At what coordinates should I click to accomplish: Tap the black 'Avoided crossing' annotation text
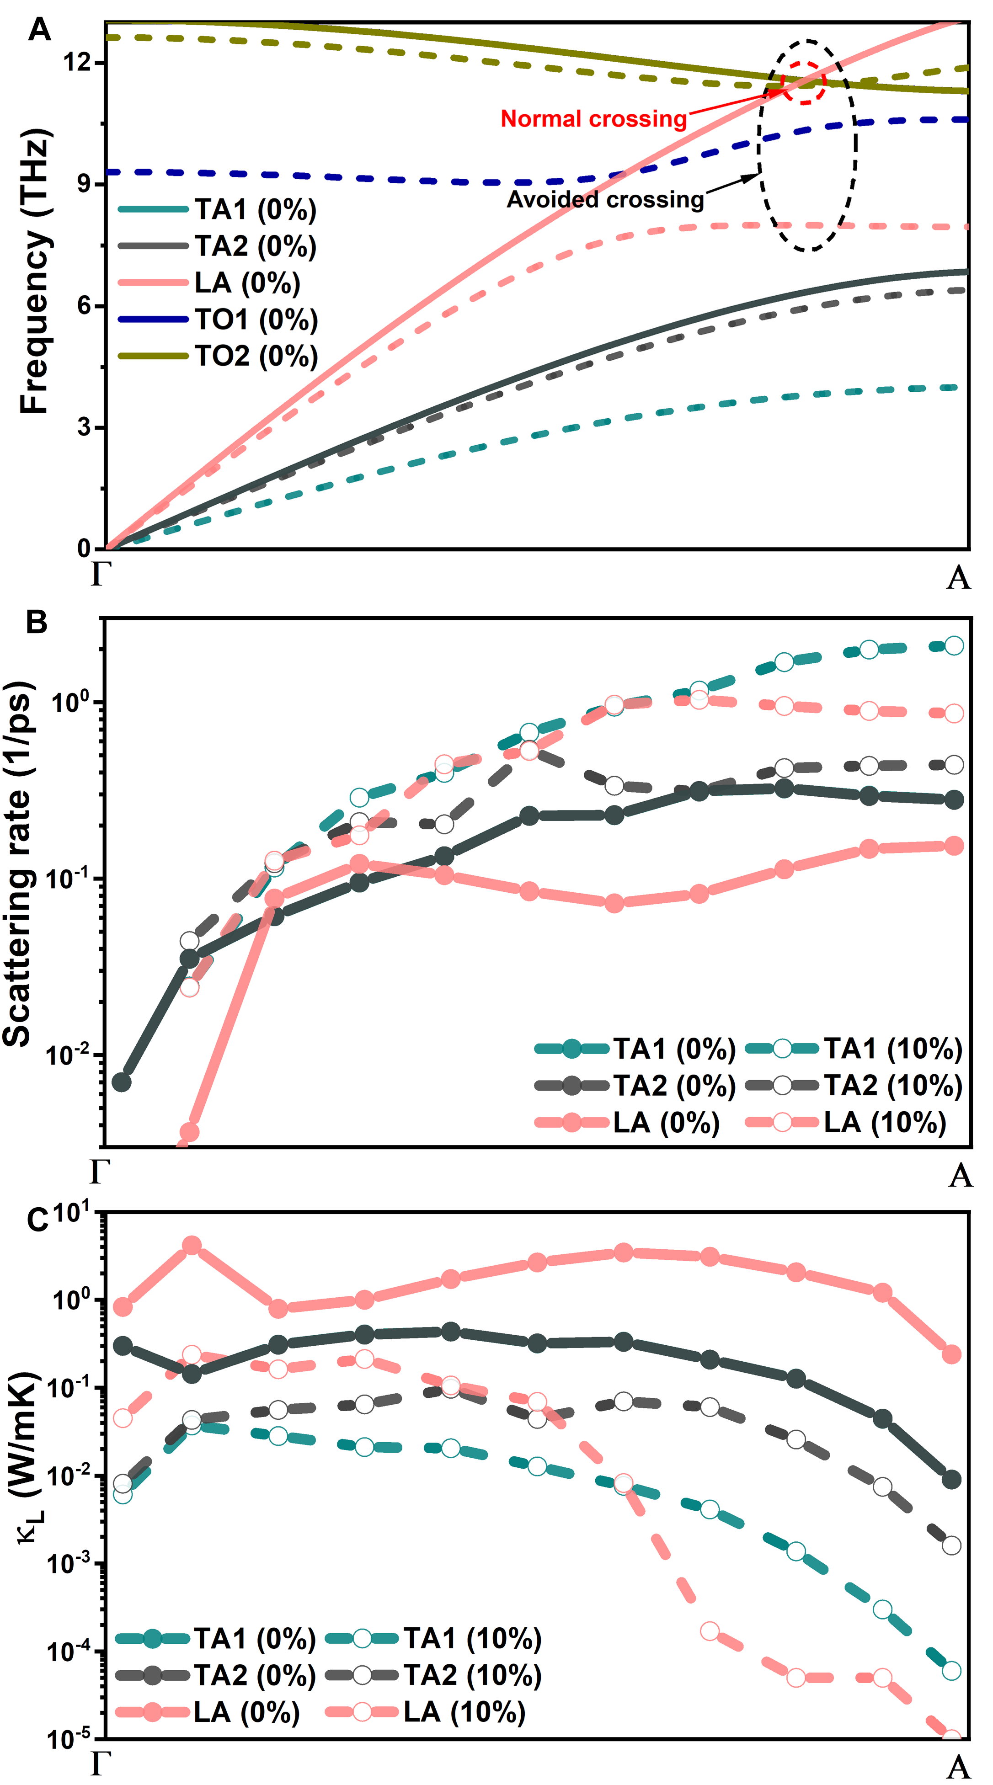[x=605, y=200]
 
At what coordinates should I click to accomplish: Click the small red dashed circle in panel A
[x=804, y=82]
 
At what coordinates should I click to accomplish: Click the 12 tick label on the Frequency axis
[x=77, y=62]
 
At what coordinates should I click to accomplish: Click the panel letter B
[x=36, y=622]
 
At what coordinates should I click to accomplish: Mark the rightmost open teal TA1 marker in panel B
[x=954, y=646]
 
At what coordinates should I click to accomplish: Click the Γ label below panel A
[x=101, y=574]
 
